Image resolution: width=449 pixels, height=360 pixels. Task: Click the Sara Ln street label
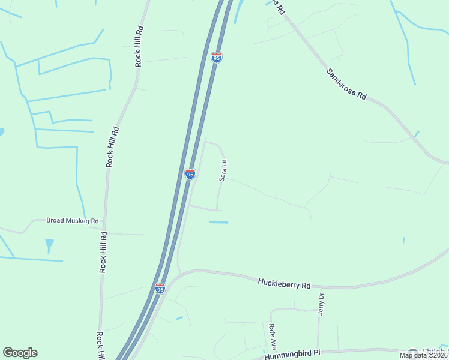pyautogui.click(x=223, y=170)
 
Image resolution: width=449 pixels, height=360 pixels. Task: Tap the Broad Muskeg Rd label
pyautogui.click(x=72, y=221)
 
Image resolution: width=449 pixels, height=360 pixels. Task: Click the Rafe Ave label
pyautogui.click(x=272, y=337)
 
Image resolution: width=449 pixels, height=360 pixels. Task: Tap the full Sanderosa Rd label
pyautogui.click(x=346, y=83)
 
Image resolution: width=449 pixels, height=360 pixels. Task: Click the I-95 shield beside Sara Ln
pyautogui.click(x=190, y=174)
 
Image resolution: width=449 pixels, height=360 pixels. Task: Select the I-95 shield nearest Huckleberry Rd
pyautogui.click(x=160, y=289)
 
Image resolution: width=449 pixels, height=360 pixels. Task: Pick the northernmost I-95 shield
pyautogui.click(x=217, y=58)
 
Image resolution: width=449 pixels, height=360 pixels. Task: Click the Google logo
pyautogui.click(x=20, y=353)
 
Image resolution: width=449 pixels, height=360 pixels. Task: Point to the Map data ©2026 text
pyautogui.click(x=424, y=355)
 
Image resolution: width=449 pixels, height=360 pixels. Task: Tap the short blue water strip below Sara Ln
pyautogui.click(x=218, y=223)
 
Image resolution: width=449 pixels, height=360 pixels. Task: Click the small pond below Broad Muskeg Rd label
pyautogui.click(x=49, y=244)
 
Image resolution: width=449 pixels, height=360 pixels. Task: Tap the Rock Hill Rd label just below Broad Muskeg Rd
pyautogui.click(x=103, y=253)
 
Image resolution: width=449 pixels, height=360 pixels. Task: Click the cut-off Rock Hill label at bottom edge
pyautogui.click(x=100, y=345)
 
